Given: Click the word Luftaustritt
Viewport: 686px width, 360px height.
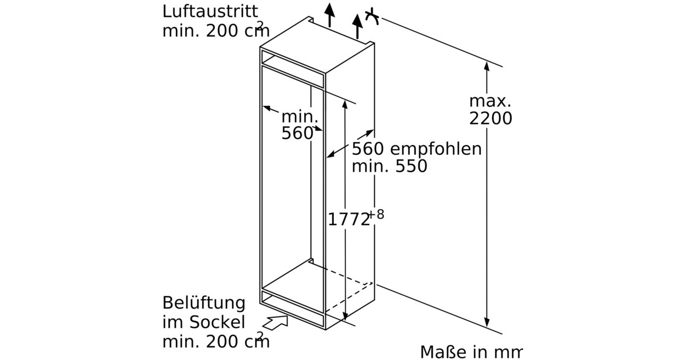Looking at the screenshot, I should click(x=202, y=11).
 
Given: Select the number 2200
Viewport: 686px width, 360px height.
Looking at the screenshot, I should click(x=490, y=119).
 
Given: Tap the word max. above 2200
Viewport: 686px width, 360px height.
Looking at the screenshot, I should click(x=489, y=102).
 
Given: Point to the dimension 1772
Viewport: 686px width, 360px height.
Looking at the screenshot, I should click(x=349, y=219).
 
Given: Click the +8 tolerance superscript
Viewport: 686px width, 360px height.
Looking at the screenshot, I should click(x=376, y=215).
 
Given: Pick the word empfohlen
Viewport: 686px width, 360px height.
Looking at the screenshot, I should click(x=436, y=150).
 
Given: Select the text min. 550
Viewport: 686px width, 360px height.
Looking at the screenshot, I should click(x=389, y=167).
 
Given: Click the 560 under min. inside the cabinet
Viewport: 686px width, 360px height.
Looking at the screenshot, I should click(x=297, y=133).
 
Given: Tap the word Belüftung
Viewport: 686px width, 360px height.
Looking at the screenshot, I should click(x=204, y=303).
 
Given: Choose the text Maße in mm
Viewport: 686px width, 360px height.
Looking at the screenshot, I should click(x=471, y=351).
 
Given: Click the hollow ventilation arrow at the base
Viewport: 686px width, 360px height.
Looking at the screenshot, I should click(x=277, y=323).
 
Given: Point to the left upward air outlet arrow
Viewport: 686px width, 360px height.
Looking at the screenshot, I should click(x=329, y=14).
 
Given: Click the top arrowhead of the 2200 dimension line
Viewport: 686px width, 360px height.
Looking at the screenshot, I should click(x=487, y=66).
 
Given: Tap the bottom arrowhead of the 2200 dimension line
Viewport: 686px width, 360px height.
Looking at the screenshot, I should click(x=487, y=323).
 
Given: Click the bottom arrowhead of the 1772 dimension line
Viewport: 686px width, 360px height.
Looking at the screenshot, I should click(x=345, y=316).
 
